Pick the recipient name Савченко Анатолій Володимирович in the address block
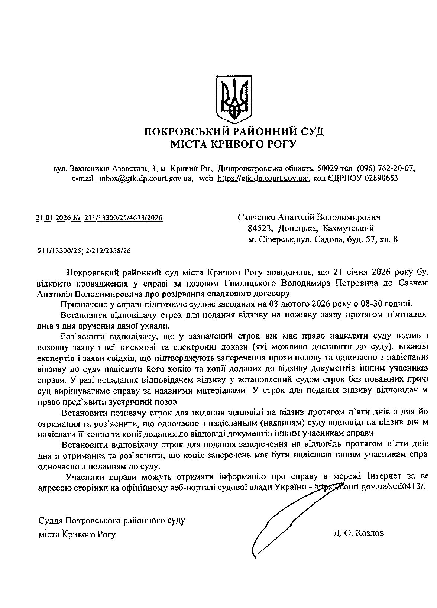tap(309, 217)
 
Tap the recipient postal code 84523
tap(260, 228)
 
